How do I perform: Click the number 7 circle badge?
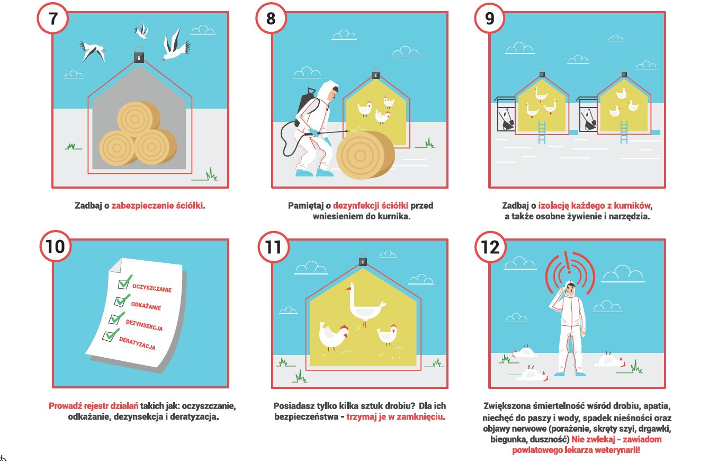53,18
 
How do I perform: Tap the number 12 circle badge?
490,247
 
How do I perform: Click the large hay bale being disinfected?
365,155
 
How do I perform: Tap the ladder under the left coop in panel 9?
542,132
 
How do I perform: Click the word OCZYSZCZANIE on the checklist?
152,288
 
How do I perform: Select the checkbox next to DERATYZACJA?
109,336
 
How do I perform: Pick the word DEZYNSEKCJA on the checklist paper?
144,325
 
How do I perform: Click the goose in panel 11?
365,304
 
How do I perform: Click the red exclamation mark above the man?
569,263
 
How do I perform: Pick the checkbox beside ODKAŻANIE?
120,302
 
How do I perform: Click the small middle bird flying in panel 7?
141,31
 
